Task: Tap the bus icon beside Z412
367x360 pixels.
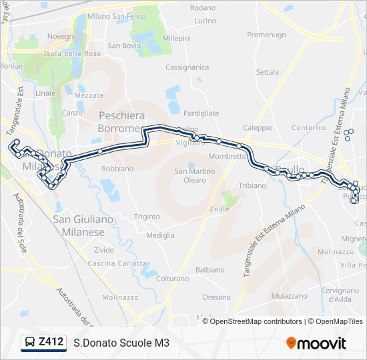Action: click(x=30, y=343)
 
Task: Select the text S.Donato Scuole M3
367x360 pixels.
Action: click(x=121, y=343)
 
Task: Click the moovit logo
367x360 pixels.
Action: click(x=316, y=343)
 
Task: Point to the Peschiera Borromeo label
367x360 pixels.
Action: click(x=120, y=121)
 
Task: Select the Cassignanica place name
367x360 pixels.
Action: click(x=187, y=67)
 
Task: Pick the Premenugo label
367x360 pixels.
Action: click(x=266, y=34)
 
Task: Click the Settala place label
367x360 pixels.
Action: click(x=268, y=71)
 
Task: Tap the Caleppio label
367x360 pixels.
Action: click(x=258, y=127)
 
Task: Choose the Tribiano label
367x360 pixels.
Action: click(x=252, y=185)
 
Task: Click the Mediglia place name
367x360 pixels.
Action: click(x=160, y=235)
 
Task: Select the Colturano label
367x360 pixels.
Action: click(x=173, y=278)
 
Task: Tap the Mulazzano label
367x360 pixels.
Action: click(x=290, y=295)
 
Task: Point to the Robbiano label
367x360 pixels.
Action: click(x=117, y=169)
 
